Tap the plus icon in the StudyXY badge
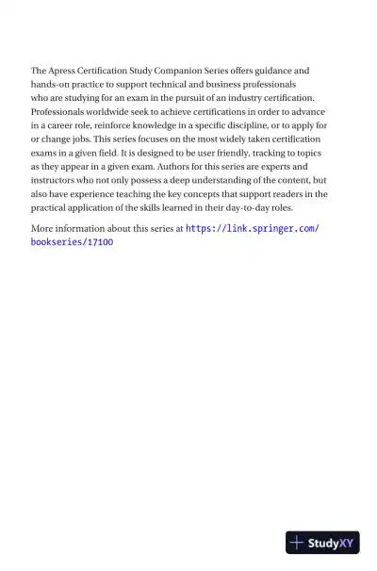point(298,543)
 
